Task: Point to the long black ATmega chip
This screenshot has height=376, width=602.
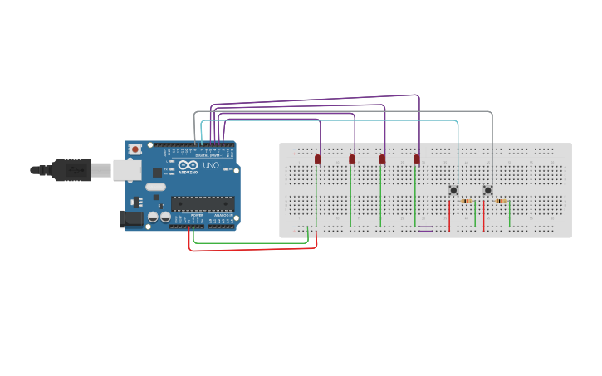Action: [203, 203]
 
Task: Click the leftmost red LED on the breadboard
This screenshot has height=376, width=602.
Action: [318, 159]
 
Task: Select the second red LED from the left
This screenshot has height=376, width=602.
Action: [352, 159]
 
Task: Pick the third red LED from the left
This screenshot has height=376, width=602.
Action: [383, 159]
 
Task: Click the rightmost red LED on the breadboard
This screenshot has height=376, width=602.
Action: [417, 159]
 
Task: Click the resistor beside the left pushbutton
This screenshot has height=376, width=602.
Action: [466, 201]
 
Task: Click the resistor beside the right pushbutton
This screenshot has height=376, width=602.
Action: [501, 201]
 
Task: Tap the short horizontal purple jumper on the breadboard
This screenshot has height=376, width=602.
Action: [425, 228]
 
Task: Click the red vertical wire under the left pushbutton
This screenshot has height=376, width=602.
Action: [449, 216]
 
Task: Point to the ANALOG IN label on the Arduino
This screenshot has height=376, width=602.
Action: [224, 217]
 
